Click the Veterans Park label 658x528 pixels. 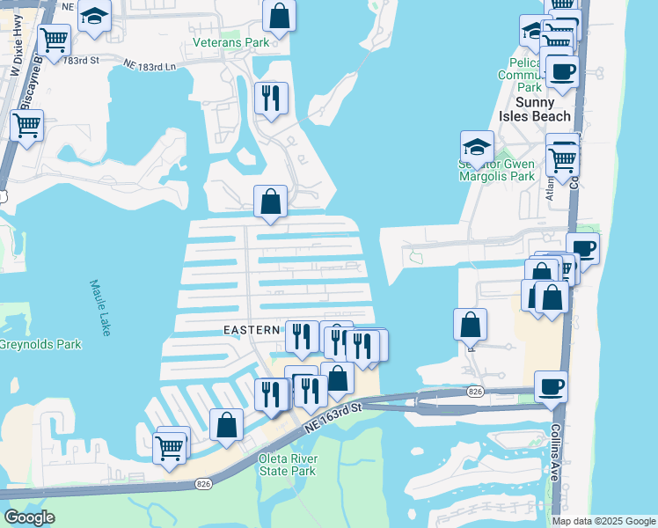coord(231,42)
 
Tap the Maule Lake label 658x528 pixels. coord(101,307)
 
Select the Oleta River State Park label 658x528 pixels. coord(287,465)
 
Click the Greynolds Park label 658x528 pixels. coord(40,344)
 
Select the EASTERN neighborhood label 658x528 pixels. coord(252,330)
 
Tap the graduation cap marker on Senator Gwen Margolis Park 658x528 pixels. coord(476,148)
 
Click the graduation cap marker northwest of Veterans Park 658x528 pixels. coord(94,17)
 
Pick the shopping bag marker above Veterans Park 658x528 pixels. coord(279,16)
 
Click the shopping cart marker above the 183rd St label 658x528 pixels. coord(55,40)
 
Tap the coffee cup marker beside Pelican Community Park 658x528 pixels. coord(561,71)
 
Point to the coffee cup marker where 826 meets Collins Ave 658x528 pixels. coord(551,386)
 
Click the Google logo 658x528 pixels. coord(29,517)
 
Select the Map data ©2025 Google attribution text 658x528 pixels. coord(603,520)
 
